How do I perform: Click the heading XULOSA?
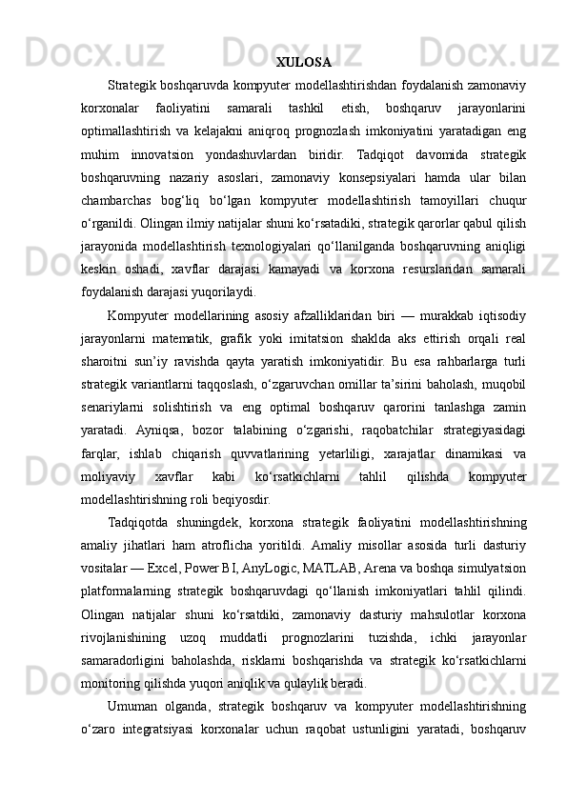[x=303, y=63]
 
